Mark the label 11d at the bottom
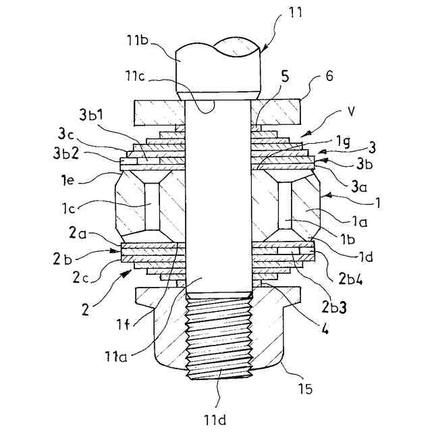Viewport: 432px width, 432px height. (215, 419)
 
